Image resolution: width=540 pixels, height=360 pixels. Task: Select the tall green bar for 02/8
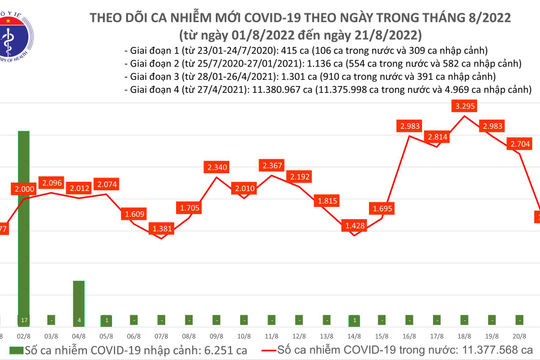pyautogui.click(x=22, y=220)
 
